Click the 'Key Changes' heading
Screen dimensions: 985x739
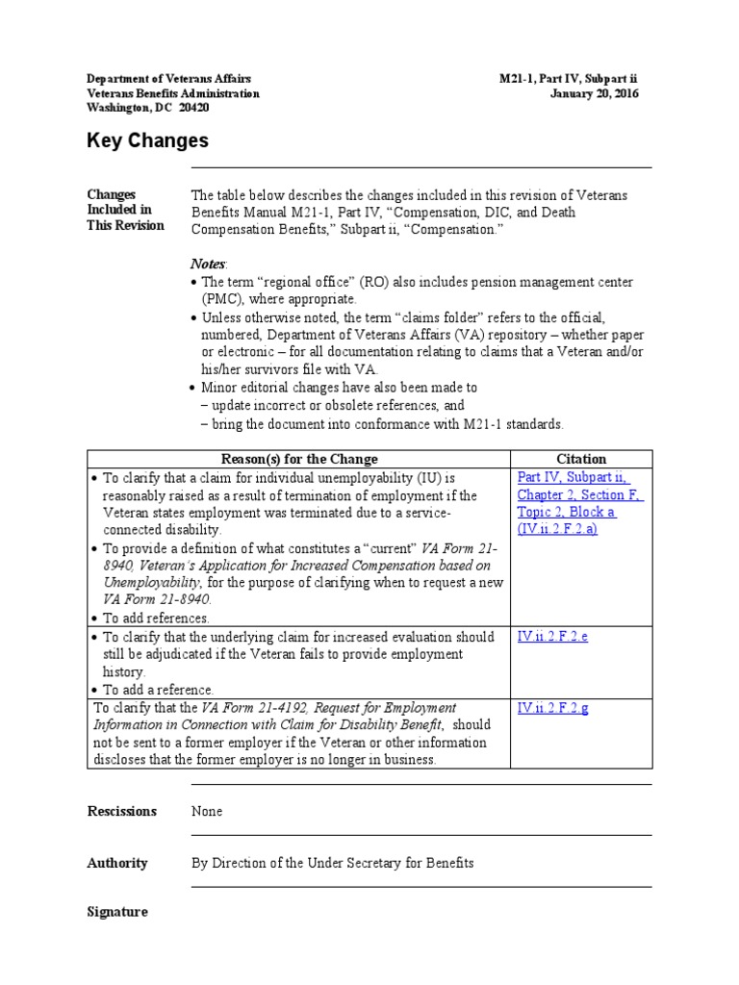[147, 140]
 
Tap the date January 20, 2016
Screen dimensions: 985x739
[594, 93]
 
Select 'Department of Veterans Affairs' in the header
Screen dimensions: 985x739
[169, 78]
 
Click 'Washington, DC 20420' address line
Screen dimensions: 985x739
[148, 108]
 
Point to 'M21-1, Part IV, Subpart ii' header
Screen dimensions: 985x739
[562, 78]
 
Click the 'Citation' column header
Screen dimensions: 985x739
[581, 459]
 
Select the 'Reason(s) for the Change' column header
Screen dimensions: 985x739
[298, 459]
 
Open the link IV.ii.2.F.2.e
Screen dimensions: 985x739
[553, 637]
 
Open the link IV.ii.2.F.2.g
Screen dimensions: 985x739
[553, 708]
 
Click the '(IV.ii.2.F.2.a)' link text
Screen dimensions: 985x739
[557, 529]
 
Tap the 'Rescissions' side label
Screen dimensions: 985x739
[121, 811]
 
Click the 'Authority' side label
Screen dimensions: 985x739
[117, 863]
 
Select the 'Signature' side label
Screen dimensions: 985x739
[117, 911]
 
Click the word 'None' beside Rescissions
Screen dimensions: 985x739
[207, 811]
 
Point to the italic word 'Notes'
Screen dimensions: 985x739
[207, 264]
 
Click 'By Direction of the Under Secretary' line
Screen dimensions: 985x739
[332, 863]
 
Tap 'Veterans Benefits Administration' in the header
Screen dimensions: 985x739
[173, 93]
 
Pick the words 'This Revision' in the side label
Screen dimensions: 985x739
[125, 225]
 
